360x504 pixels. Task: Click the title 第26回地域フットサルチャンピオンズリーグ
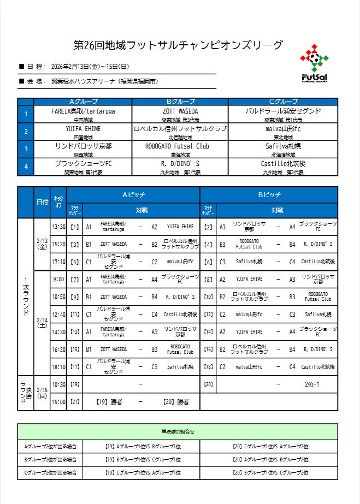[179, 45]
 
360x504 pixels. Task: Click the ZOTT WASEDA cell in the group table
[180, 111]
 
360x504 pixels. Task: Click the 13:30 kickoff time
[58, 227]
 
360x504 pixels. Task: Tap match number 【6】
[208, 262]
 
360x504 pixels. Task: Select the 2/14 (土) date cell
[42, 323]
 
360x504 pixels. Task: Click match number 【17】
[75, 367]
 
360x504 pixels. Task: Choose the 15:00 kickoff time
[58, 402]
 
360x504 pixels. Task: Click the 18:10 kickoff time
[58, 367]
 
